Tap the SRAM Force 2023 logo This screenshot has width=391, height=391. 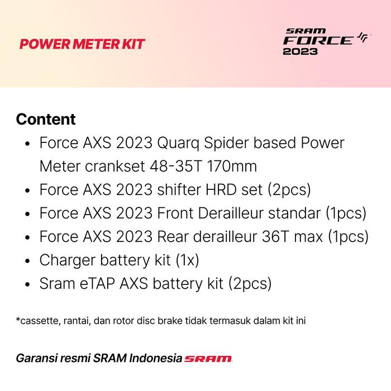(326, 43)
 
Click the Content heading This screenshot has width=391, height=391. (46, 120)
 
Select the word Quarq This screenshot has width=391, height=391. (182, 143)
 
